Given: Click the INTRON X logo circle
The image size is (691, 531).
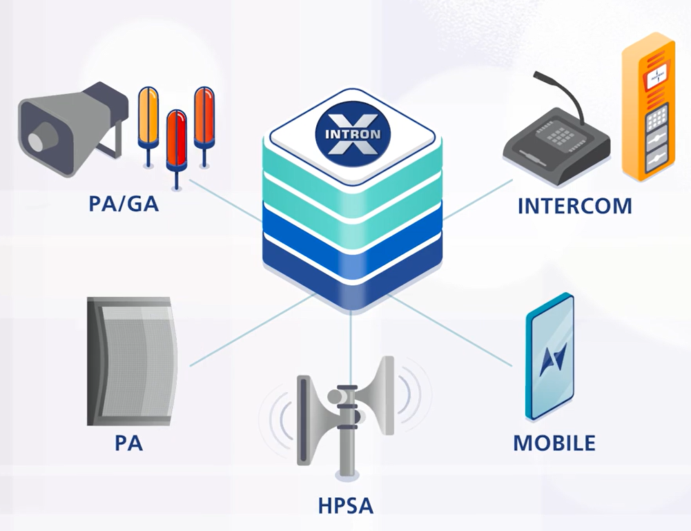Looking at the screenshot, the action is pos(353,133).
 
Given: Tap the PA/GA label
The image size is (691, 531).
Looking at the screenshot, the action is pos(124,204).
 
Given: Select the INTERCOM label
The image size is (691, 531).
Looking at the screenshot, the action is pos(574,206).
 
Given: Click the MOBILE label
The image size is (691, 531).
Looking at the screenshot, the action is pos(554,443).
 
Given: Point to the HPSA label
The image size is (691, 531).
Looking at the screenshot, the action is pos(346,506).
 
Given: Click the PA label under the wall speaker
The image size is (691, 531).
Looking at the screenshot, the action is pos(128,443).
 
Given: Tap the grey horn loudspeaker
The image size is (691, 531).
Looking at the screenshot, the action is pos(72,128).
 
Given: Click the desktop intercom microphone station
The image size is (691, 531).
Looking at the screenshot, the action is pos(556,141).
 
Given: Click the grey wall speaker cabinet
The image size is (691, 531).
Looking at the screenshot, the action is pos(132,361).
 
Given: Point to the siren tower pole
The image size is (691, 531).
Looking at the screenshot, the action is pos(347,432).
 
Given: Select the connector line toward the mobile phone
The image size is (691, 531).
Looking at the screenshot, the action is pos(450,331).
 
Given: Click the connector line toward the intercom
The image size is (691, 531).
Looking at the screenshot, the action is pos(478,199).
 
